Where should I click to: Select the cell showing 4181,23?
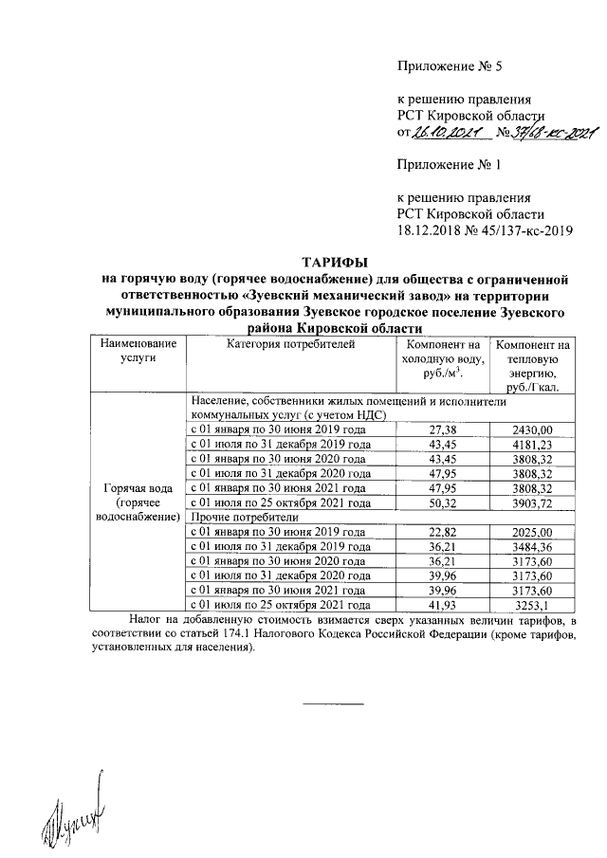(x=532, y=444)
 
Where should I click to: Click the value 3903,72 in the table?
(x=532, y=502)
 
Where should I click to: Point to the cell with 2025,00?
(x=532, y=532)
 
